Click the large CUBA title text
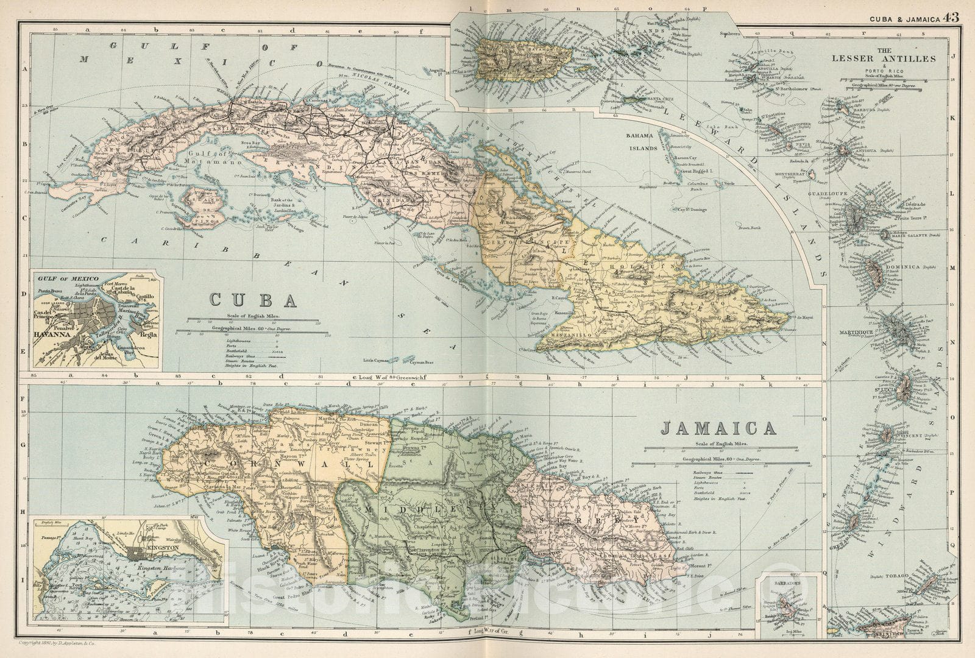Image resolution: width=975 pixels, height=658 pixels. (253, 300)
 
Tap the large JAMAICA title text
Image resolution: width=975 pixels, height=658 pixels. (718, 429)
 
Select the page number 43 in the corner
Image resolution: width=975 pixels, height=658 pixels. (951, 17)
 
